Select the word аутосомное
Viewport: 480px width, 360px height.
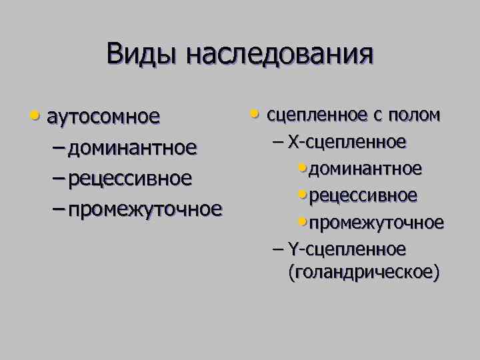click(x=104, y=117)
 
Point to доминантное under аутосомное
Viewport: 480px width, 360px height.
click(x=132, y=147)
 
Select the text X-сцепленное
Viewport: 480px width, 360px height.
click(x=348, y=142)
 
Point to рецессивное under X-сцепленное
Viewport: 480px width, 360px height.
click(x=364, y=195)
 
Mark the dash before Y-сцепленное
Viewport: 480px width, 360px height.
click(x=279, y=249)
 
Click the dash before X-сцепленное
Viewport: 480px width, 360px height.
click(x=279, y=143)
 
